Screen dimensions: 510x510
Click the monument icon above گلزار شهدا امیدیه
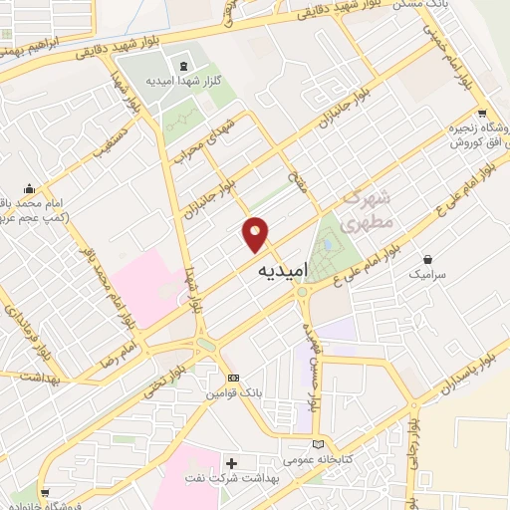(182, 67)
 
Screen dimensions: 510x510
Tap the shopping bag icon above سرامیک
(428, 259)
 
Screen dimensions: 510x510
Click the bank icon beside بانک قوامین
(233, 378)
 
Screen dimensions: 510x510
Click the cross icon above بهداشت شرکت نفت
(232, 463)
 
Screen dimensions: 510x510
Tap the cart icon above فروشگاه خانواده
(43, 492)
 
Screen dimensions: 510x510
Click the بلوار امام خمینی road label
(443, 44)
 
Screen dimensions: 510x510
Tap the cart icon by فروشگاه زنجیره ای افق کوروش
(482, 114)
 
